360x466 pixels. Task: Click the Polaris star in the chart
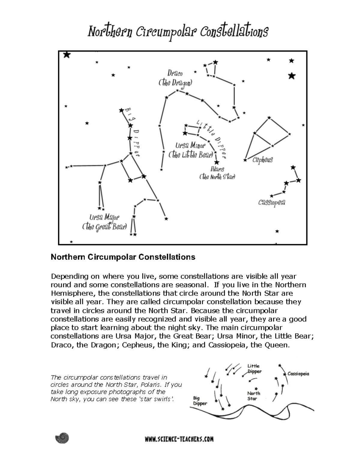pos(217,162)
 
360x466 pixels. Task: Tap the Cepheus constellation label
pos(262,160)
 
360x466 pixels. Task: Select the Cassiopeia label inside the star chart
pos(271,203)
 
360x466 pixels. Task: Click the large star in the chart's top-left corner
pos(67,55)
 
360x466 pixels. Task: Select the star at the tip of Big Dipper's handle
pos(121,110)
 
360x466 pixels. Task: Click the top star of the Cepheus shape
pos(269,118)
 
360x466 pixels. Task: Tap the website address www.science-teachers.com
pos(179,439)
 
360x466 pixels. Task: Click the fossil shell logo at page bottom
pos(62,438)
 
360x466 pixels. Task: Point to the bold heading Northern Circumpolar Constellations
pos(123,257)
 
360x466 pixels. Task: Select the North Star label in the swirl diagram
pos(253,396)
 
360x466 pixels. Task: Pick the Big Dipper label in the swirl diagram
pos(200,401)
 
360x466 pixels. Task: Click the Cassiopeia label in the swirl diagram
pos(298,374)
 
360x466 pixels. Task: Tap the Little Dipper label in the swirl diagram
pos(254,368)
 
